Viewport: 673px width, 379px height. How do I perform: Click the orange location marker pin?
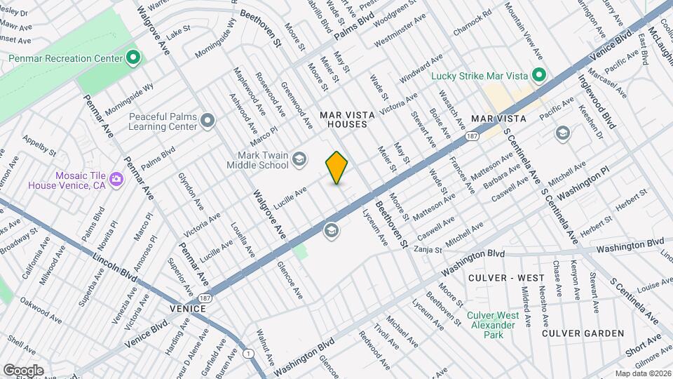point(337,167)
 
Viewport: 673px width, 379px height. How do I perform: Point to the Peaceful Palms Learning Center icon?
point(208,121)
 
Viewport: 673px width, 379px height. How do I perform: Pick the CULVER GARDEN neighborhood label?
point(583,333)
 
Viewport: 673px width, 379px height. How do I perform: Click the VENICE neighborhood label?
point(188,309)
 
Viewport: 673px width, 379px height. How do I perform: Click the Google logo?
point(23,370)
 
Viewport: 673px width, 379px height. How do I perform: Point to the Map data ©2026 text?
point(642,373)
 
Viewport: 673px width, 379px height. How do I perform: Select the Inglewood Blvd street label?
point(597,102)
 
